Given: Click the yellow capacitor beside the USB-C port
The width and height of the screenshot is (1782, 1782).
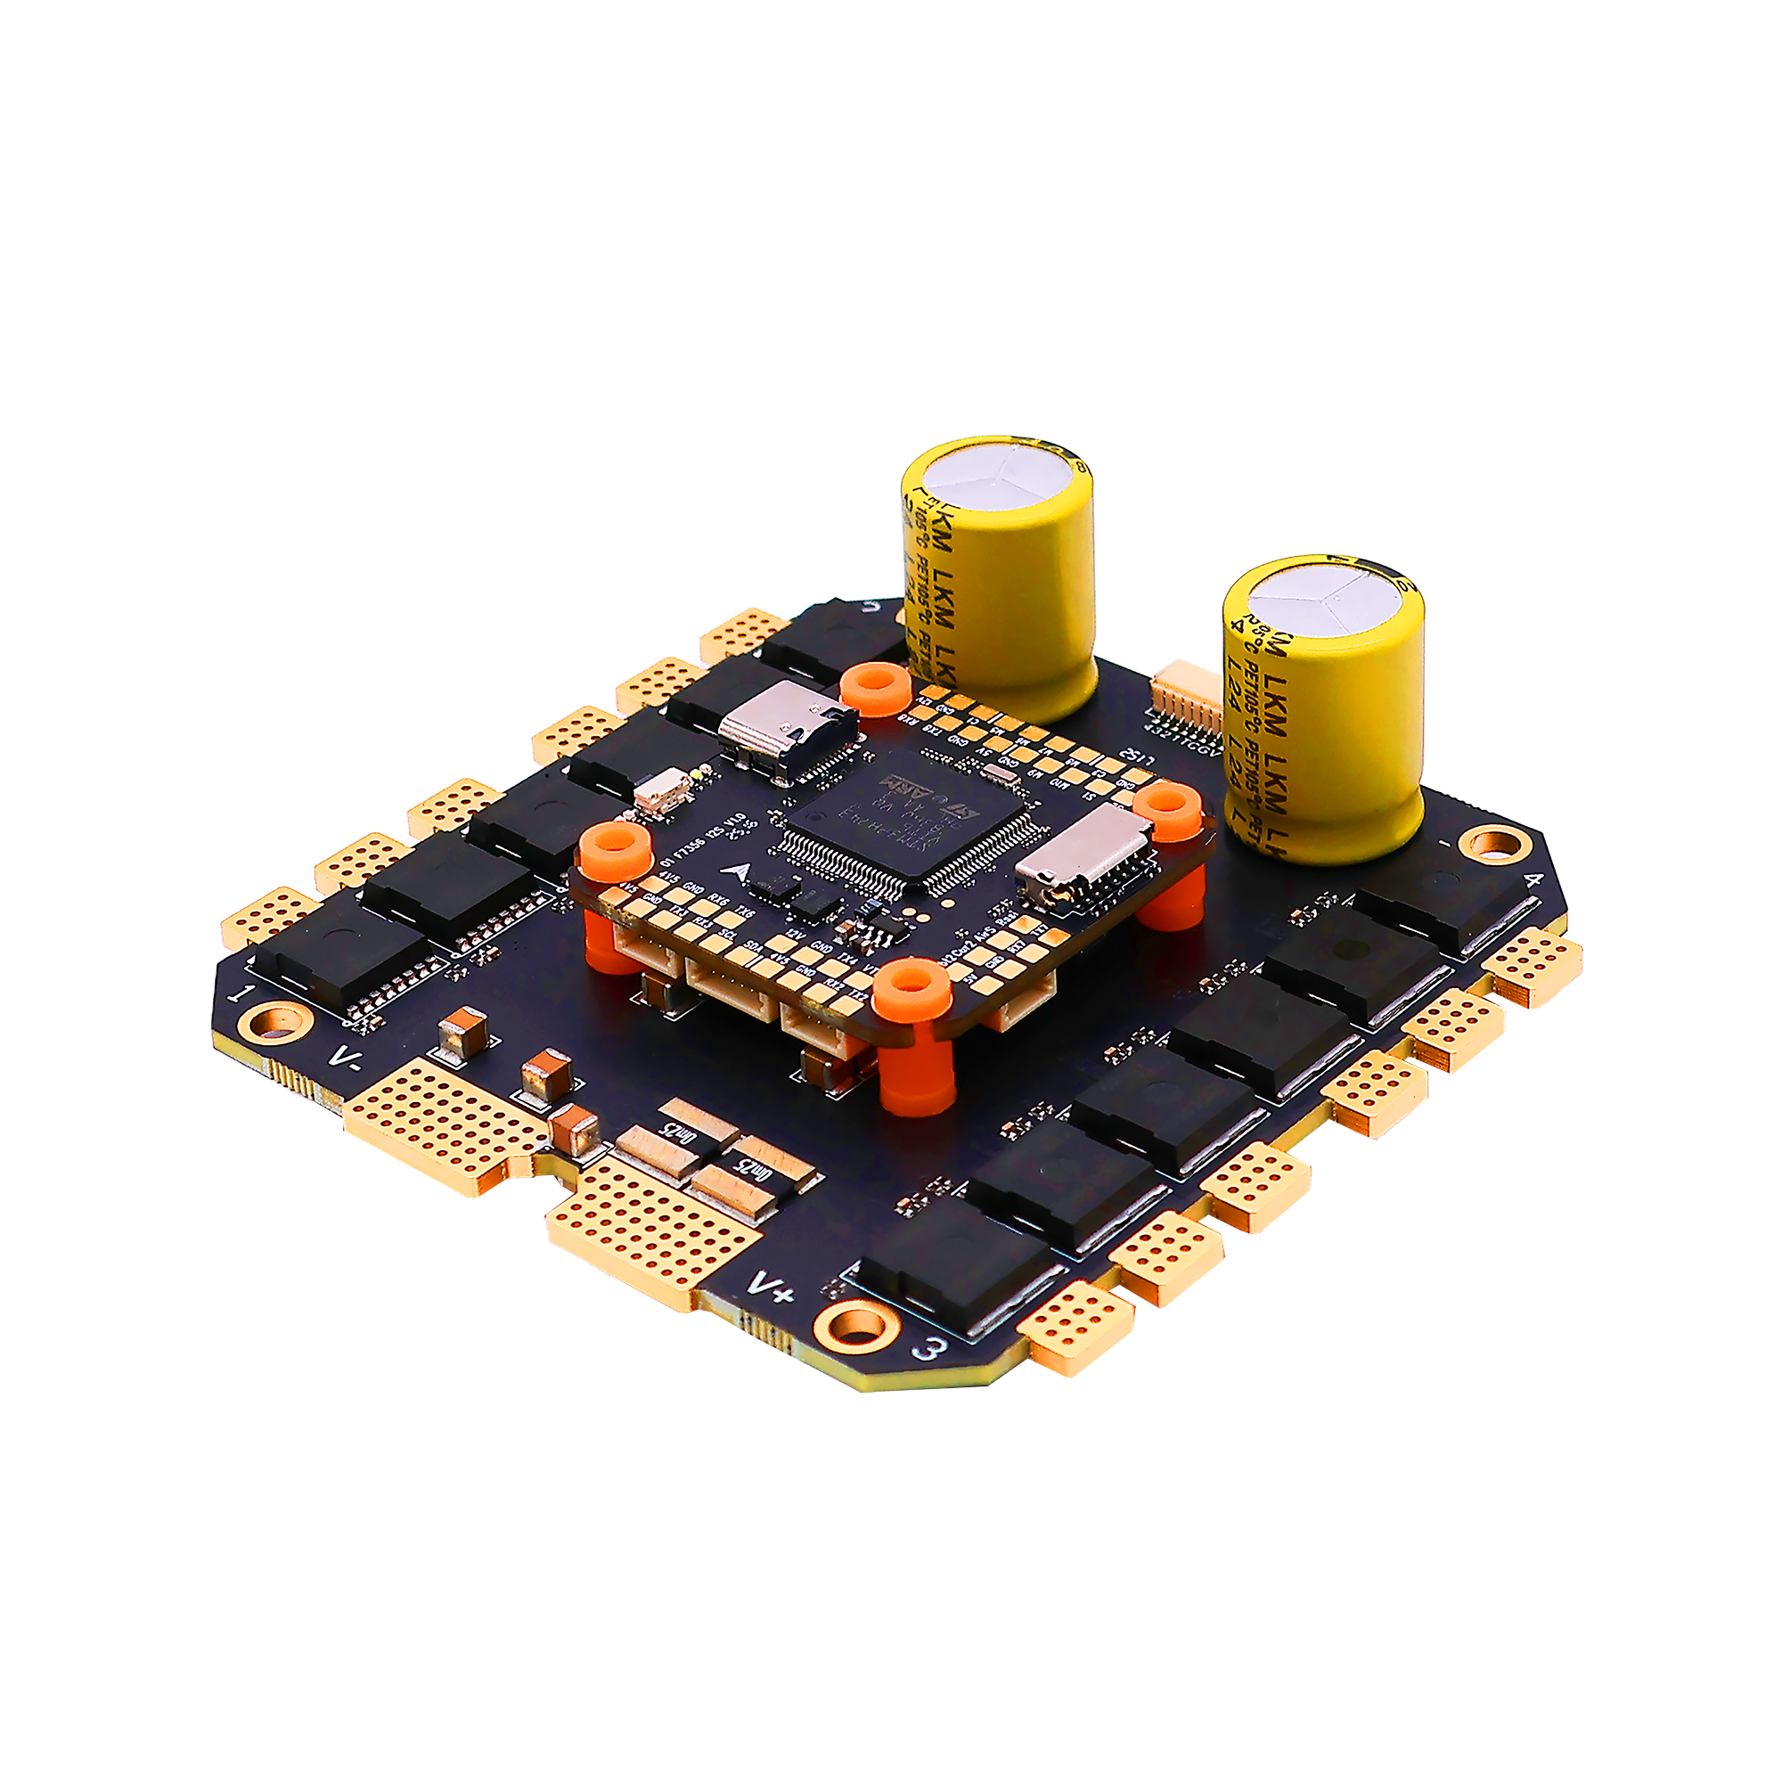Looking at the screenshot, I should [x=1001, y=576].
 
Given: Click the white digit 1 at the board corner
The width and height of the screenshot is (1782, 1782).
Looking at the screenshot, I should [x=241, y=994].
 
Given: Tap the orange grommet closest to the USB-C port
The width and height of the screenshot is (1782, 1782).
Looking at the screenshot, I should [x=875, y=688].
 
